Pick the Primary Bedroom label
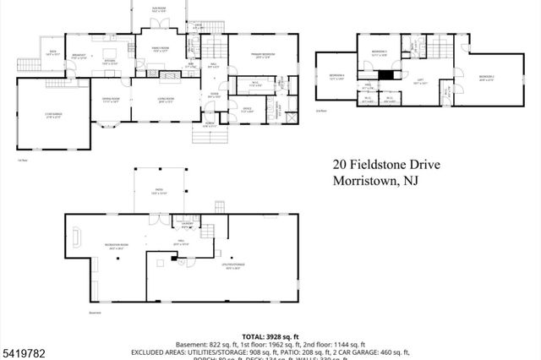263,57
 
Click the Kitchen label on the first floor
109,62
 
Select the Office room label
248,109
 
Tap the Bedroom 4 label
336,78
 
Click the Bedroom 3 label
379,53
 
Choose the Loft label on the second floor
418,82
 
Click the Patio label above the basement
155,192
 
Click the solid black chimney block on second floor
386,74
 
